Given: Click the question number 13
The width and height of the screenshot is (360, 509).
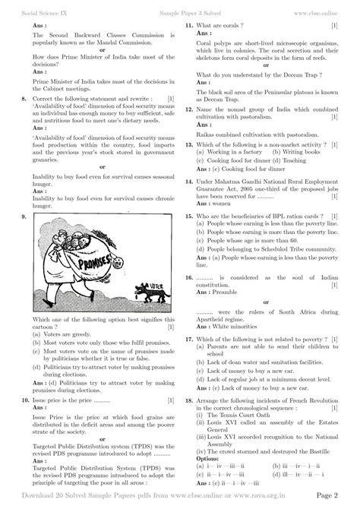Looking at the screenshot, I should (x=188, y=142).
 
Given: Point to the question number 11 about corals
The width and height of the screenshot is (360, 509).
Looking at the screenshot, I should (x=188, y=26).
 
